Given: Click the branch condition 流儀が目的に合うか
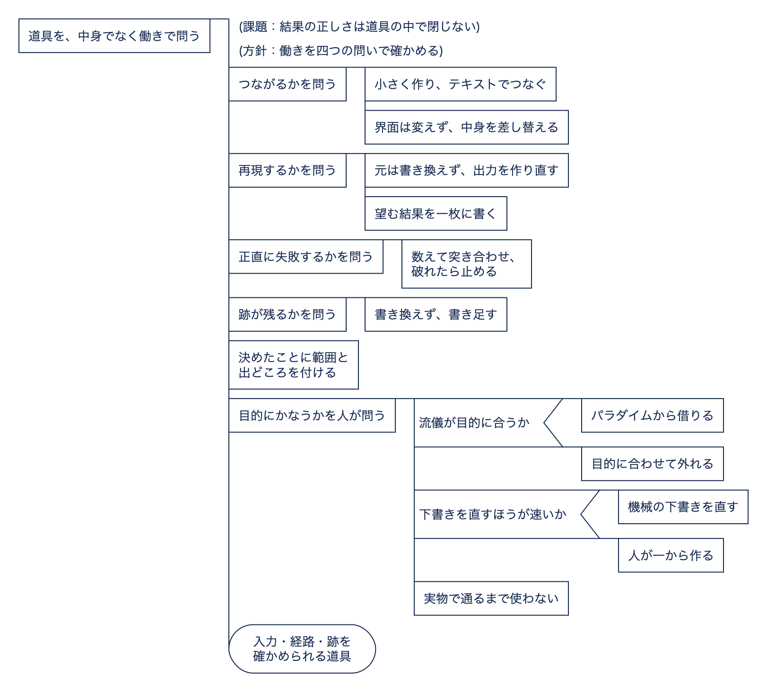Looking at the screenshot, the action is [474, 423].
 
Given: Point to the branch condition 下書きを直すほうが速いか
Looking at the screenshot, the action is [493, 514].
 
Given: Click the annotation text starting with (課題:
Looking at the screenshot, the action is [359, 26].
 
